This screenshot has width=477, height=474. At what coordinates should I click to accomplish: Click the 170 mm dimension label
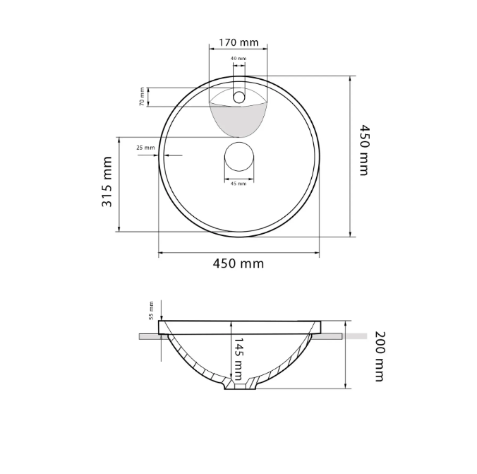(238, 42)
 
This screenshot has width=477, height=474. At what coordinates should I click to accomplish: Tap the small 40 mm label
(238, 58)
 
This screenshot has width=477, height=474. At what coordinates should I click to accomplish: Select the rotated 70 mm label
(142, 97)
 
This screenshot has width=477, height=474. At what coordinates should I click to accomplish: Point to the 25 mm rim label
(145, 148)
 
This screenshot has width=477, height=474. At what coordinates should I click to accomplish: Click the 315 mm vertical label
(107, 182)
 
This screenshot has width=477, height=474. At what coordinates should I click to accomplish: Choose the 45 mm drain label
(238, 184)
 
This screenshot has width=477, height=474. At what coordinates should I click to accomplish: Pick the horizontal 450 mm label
(238, 263)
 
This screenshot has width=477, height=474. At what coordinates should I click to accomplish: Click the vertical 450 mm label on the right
(364, 150)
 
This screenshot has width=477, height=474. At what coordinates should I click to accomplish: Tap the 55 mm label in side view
(151, 310)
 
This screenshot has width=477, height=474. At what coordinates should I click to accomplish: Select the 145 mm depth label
(238, 359)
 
